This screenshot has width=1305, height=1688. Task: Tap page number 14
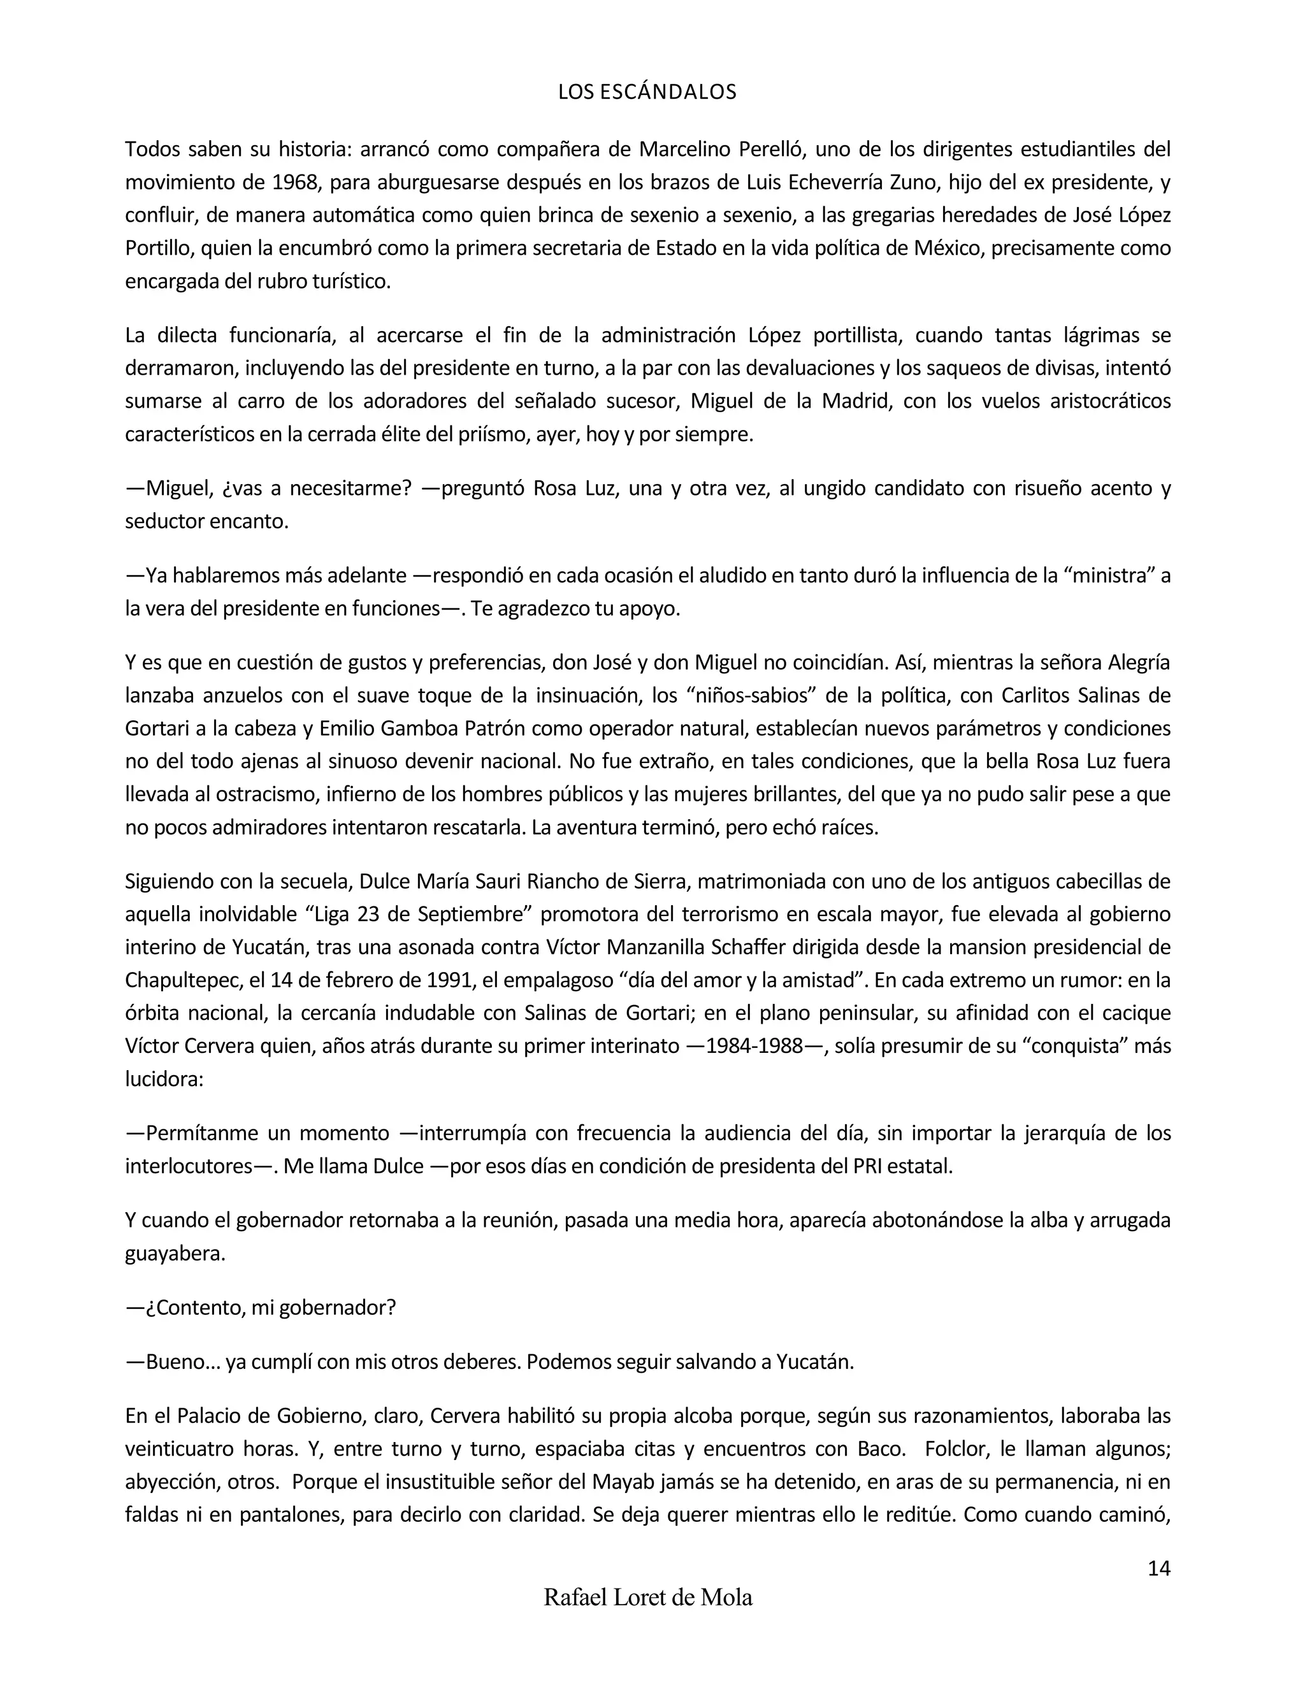[1158, 1568]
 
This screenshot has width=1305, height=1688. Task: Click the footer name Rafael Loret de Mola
[648, 1598]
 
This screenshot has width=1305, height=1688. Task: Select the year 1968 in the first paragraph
[294, 182]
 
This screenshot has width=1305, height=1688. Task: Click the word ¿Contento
[196, 1308]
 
